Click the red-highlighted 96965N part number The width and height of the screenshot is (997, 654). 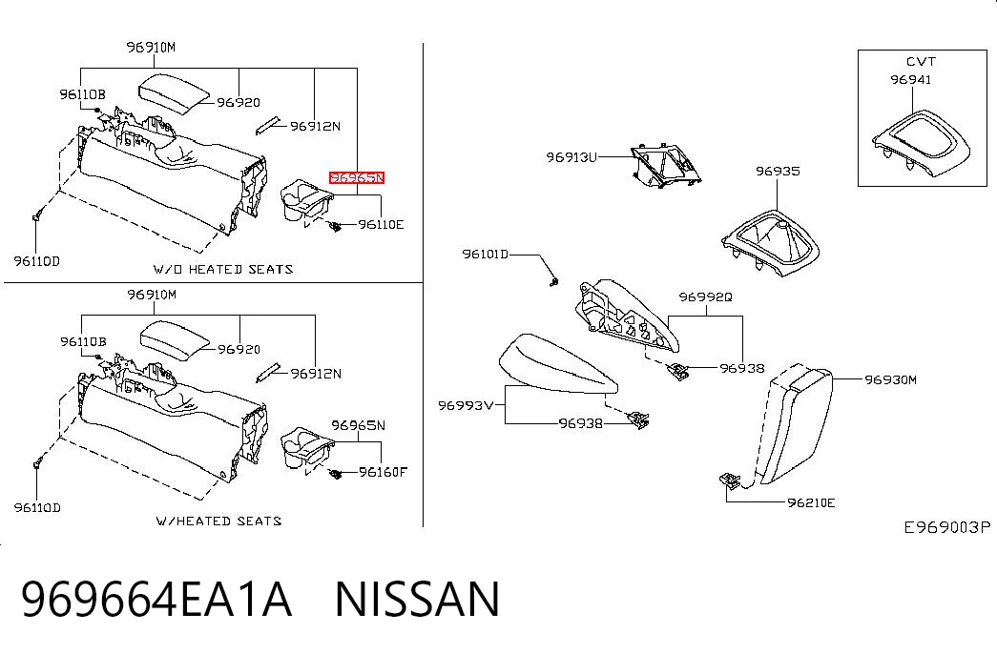[x=356, y=177]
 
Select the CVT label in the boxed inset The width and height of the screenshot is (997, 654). [x=921, y=62]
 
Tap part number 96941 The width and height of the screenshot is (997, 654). [x=910, y=79]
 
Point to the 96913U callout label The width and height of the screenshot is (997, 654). [x=571, y=156]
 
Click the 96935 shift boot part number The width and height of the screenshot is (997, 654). [x=778, y=171]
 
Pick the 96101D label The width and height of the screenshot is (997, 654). [x=486, y=255]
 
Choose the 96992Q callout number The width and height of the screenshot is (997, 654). [x=705, y=296]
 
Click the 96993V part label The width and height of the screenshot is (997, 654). [x=466, y=405]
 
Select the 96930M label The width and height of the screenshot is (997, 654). [x=890, y=379]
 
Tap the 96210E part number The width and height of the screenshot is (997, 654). [x=811, y=502]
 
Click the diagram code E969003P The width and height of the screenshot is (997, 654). [x=947, y=527]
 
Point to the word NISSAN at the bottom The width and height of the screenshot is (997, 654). [x=418, y=599]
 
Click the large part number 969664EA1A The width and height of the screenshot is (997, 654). [x=156, y=599]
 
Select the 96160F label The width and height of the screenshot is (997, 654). [x=383, y=472]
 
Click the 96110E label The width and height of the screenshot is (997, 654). [x=381, y=224]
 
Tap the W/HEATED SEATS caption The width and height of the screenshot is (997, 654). [x=218, y=521]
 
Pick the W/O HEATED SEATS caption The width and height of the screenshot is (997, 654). [x=223, y=269]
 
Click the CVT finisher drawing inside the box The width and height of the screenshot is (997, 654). [x=921, y=143]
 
